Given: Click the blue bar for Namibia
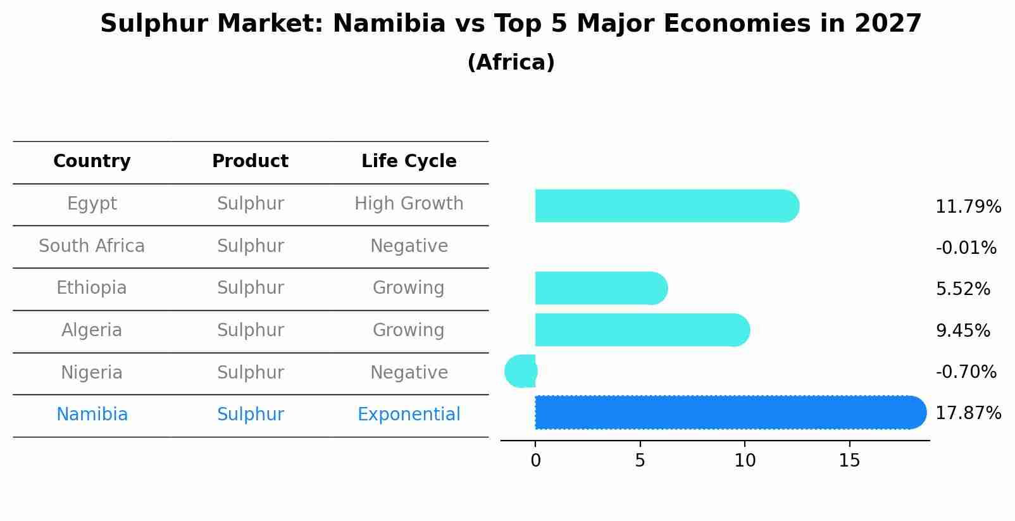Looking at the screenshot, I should [x=728, y=412].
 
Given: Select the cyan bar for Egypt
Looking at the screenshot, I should [x=664, y=206].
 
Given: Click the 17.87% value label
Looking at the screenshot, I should [x=968, y=413].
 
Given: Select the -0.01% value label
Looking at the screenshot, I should [x=966, y=248].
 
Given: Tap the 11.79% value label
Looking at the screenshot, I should [x=968, y=207].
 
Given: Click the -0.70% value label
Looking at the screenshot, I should [x=966, y=372].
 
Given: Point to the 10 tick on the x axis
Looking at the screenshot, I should [x=745, y=461].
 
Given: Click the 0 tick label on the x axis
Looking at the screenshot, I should [x=535, y=461].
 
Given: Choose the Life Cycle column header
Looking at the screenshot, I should [x=409, y=161].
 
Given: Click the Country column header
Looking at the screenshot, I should [x=92, y=161].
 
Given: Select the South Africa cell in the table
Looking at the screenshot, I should [x=92, y=246].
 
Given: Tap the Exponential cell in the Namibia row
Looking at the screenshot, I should [x=409, y=415].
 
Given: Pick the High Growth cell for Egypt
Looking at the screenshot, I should [x=409, y=204].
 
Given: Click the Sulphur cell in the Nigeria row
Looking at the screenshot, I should [x=250, y=372].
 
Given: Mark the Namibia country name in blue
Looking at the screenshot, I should [x=92, y=415].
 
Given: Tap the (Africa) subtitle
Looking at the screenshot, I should [x=511, y=63].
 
